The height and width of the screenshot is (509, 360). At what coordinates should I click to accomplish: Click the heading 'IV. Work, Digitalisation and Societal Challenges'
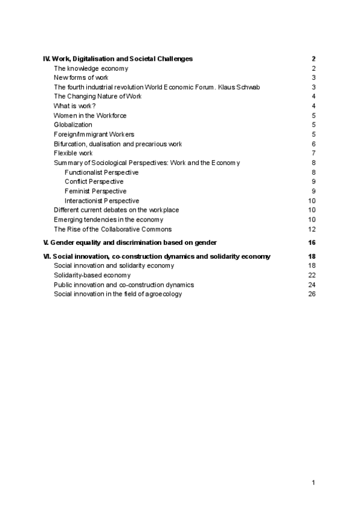pos(118,59)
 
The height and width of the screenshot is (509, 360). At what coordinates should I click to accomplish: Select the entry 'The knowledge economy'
pos(91,68)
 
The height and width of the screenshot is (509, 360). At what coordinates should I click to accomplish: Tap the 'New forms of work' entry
pos(81,78)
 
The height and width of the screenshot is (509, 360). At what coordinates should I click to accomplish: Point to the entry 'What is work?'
pos(74,106)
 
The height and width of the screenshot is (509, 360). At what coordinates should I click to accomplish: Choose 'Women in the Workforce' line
pos(90,115)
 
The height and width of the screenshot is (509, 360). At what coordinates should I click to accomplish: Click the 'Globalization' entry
pos(73,125)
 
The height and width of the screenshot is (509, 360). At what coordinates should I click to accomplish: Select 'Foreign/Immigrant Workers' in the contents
pos(94,134)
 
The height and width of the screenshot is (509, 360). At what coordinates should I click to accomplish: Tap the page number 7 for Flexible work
pos(314,153)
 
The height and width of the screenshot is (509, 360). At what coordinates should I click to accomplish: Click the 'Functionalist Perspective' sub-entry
pos(101,172)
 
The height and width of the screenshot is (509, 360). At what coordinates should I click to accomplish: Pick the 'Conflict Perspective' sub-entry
pos(94,181)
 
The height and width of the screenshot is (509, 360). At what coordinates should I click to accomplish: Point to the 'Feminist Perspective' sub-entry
pos(95,191)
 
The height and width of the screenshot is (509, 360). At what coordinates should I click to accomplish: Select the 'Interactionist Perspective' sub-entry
pos(101,200)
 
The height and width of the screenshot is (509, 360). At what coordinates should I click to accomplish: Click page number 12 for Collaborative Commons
pos(312,229)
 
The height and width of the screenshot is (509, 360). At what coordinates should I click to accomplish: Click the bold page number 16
pos(311,242)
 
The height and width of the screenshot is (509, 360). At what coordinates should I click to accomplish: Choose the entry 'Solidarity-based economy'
pos(92,275)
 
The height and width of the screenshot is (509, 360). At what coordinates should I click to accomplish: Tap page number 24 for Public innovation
pos(312,285)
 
